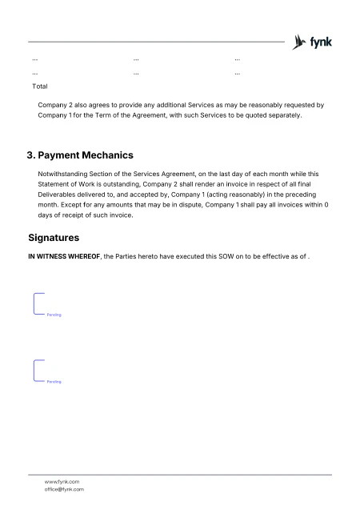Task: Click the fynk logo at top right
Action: coord(314,42)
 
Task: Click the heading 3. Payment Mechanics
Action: coord(80,155)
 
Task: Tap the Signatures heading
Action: coord(54,238)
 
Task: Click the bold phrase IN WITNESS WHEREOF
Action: coord(64,255)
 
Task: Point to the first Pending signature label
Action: coord(54,315)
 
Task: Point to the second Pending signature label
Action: coord(54,382)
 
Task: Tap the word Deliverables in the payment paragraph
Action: coord(62,192)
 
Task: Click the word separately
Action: coord(281,115)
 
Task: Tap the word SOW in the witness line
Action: coord(204,255)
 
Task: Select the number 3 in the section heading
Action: coord(30,155)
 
